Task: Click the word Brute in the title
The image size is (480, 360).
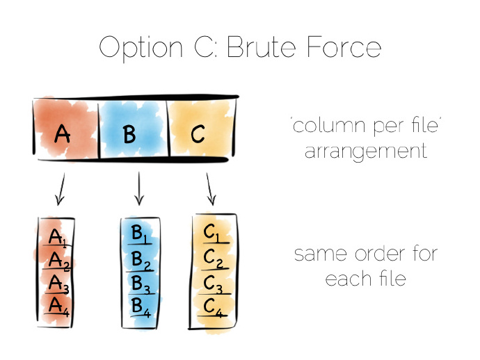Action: point(262,47)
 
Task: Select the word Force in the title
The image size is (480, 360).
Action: point(344,47)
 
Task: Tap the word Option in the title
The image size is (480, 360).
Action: point(141,49)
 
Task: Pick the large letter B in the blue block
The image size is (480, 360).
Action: point(129,135)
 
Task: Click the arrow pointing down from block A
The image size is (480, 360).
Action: point(61,189)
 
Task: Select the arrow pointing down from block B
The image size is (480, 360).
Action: point(139,188)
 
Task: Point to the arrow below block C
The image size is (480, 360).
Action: point(211,189)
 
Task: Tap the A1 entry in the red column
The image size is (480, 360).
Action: point(57,237)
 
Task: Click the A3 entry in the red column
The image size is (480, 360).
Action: point(58,283)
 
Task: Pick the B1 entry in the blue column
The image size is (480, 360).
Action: point(139,234)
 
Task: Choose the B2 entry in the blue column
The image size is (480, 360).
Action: point(141,261)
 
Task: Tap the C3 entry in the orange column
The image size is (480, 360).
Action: point(213,284)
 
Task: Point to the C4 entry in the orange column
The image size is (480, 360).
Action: point(214,307)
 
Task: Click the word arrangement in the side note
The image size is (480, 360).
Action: point(365,152)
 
